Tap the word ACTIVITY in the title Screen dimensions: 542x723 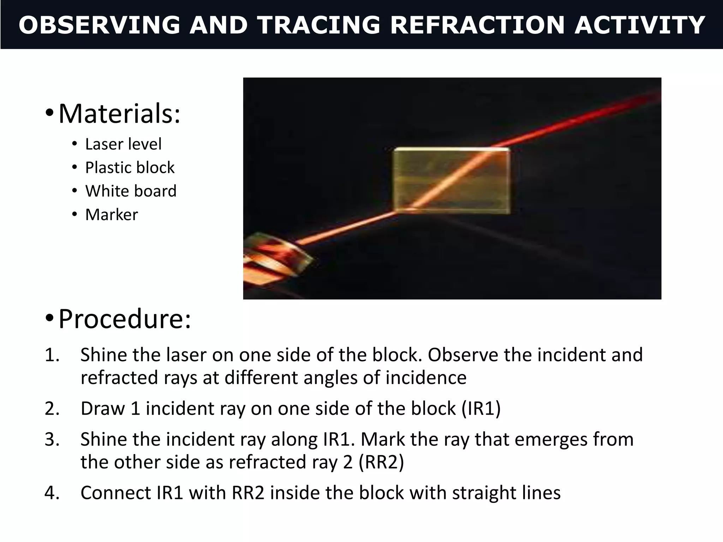click(639, 25)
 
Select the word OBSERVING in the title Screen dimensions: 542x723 click(99, 25)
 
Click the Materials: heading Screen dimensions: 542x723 click(119, 114)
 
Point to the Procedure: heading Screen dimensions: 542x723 click(125, 319)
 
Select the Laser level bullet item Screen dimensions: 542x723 click(123, 144)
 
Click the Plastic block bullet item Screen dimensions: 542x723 click(130, 168)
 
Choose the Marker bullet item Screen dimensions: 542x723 click(112, 215)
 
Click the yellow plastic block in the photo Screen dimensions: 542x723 click(451, 181)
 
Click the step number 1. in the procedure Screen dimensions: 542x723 click(52, 355)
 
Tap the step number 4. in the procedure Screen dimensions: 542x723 click(52, 493)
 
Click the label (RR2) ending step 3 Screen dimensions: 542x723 click(381, 462)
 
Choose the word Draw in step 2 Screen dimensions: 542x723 click(103, 409)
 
